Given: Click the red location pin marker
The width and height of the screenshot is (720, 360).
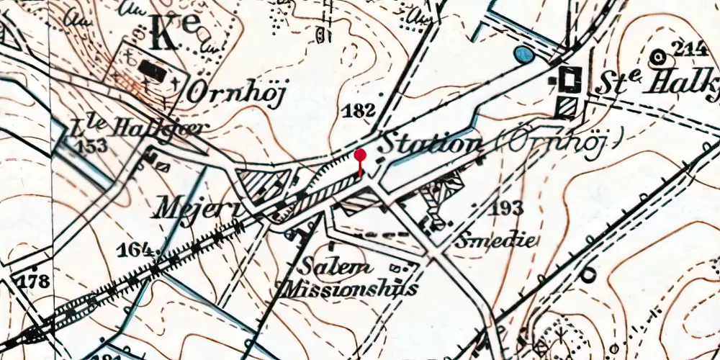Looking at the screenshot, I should pyautogui.click(x=360, y=156).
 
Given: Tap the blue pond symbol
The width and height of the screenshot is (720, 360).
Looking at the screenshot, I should pyautogui.click(x=524, y=54).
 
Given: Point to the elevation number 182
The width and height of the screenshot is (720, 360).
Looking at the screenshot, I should pyautogui.click(x=360, y=111).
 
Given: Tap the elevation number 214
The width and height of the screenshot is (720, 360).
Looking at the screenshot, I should pyautogui.click(x=689, y=49).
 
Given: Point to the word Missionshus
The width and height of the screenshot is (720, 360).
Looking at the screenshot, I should pyautogui.click(x=351, y=289).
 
